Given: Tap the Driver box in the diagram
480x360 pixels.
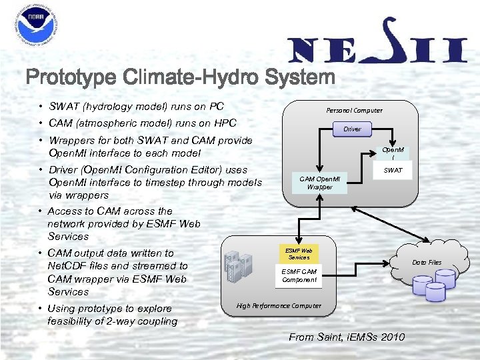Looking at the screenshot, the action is pos(352,128).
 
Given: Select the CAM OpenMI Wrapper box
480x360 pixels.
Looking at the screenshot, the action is pos(319,183).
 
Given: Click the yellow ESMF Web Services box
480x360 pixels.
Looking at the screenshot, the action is pos(299,253).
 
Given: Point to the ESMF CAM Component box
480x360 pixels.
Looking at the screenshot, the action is pos(299,275).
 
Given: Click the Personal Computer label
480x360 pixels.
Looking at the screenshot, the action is pos(354,110).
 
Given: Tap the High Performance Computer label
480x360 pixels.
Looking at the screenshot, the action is pos(279,305).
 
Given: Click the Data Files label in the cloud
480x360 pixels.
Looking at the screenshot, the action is pos(427,262).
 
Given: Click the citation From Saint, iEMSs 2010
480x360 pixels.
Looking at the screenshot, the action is pos(347,337).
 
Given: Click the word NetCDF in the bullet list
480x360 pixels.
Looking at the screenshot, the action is pos(69,265).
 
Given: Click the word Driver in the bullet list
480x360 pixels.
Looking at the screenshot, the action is pos(63,170).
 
